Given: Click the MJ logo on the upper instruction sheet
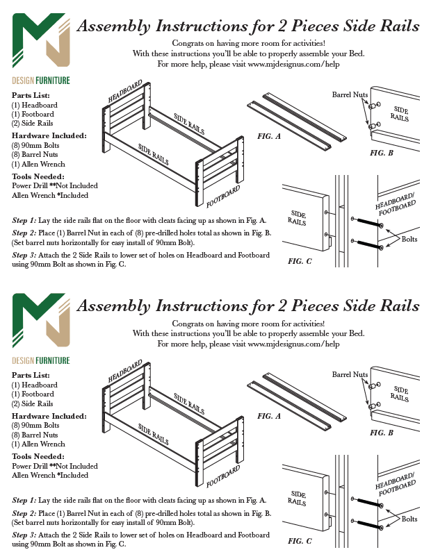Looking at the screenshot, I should [40, 42].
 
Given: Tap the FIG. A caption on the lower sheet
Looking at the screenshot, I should [269, 416].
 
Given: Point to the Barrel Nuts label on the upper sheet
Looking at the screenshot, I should [350, 94].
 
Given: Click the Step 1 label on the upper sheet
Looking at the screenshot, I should [24, 220].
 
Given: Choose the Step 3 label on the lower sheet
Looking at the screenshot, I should [24, 535].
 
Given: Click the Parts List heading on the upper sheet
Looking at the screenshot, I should [31, 95].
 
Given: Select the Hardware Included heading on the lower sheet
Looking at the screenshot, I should [49, 415].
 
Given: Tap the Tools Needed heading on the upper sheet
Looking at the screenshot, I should [39, 176].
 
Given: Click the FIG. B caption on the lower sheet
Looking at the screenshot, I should [382, 432].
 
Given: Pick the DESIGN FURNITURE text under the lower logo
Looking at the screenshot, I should [41, 360].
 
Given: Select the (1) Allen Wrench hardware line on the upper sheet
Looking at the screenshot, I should [38, 164].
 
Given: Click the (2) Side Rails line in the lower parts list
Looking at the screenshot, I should [33, 403].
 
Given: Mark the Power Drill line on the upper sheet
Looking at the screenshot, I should [55, 186].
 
